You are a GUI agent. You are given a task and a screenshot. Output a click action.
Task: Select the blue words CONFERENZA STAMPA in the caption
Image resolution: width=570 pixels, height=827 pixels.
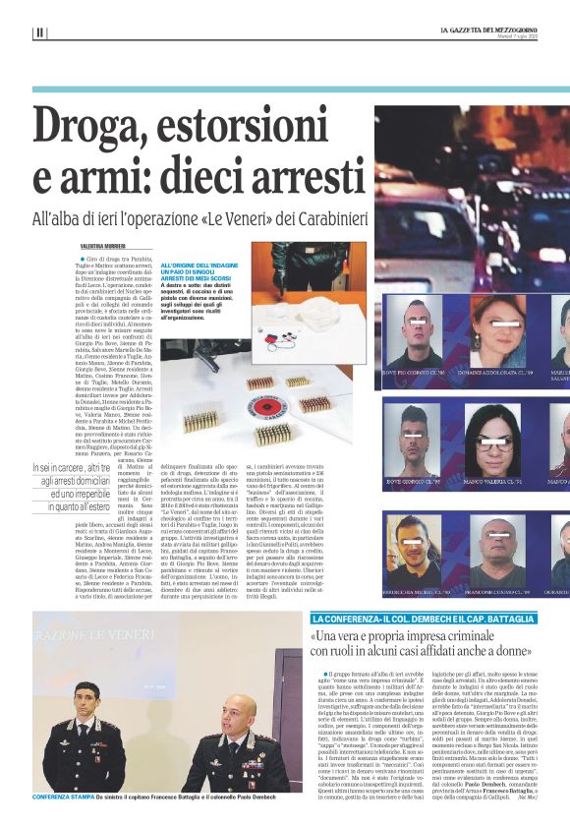(64, 795)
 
